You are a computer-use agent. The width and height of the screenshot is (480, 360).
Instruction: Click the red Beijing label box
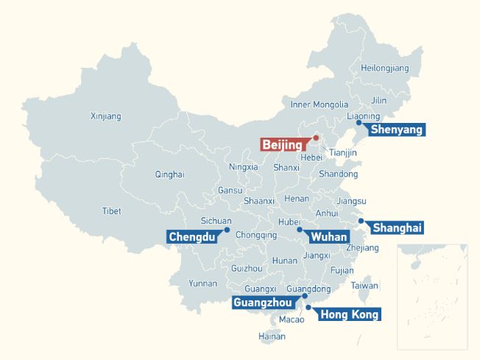tap(282, 145)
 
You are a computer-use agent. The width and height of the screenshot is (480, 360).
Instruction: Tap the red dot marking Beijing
tap(316, 138)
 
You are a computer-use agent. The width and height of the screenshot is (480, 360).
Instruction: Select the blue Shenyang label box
tap(396, 130)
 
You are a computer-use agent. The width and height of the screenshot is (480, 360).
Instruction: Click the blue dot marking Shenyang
tap(359, 123)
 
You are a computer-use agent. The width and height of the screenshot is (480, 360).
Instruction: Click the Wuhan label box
tap(328, 237)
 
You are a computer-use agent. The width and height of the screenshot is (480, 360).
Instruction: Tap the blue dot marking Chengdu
tap(227, 230)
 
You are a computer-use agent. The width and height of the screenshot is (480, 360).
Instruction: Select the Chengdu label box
tap(191, 237)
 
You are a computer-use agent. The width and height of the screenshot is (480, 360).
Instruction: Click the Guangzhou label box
tap(263, 303)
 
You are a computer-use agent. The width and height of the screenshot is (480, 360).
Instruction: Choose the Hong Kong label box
tap(350, 315)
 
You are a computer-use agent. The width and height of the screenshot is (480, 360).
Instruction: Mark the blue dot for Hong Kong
tap(308, 307)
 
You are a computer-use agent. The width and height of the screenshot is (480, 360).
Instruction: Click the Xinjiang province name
tap(105, 116)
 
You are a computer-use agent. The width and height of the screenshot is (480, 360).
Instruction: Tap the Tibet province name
tap(111, 211)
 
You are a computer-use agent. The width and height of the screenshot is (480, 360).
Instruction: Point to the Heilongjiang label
tap(384, 68)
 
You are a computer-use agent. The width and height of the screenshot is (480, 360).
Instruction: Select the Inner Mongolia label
tap(319, 105)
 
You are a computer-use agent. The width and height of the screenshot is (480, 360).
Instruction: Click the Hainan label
tap(272, 336)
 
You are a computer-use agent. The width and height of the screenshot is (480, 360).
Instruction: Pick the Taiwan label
tap(364, 286)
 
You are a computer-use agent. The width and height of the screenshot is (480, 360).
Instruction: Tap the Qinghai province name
tap(169, 174)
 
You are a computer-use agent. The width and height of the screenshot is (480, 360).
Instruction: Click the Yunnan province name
tap(202, 283)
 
